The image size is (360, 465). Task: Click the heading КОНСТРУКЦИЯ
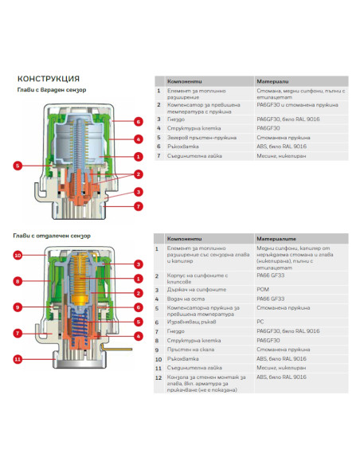pyautogui.click(x=48, y=78)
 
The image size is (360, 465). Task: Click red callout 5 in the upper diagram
pyautogui.click(x=18, y=166)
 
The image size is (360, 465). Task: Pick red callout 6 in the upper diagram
pyautogui.click(x=138, y=122)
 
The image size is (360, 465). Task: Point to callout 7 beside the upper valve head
pyautogui.click(x=138, y=206)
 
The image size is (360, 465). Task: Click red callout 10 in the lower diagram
pyautogui.click(x=18, y=256)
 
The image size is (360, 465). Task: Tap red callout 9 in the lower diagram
pyautogui.click(x=18, y=307)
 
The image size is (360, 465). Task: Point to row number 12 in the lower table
pyautogui.click(x=158, y=378)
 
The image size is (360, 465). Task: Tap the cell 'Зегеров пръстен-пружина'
pyautogui.click(x=200, y=136)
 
